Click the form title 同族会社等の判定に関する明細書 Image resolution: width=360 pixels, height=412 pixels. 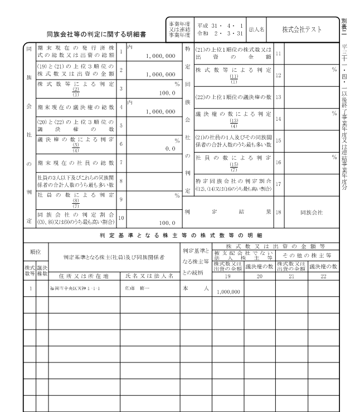(96, 35)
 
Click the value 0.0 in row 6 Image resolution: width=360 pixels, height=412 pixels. (167, 149)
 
